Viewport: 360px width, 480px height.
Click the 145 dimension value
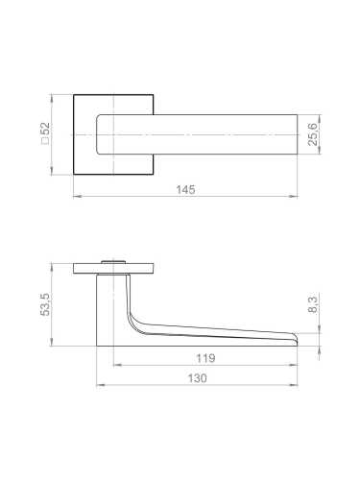(186, 190)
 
